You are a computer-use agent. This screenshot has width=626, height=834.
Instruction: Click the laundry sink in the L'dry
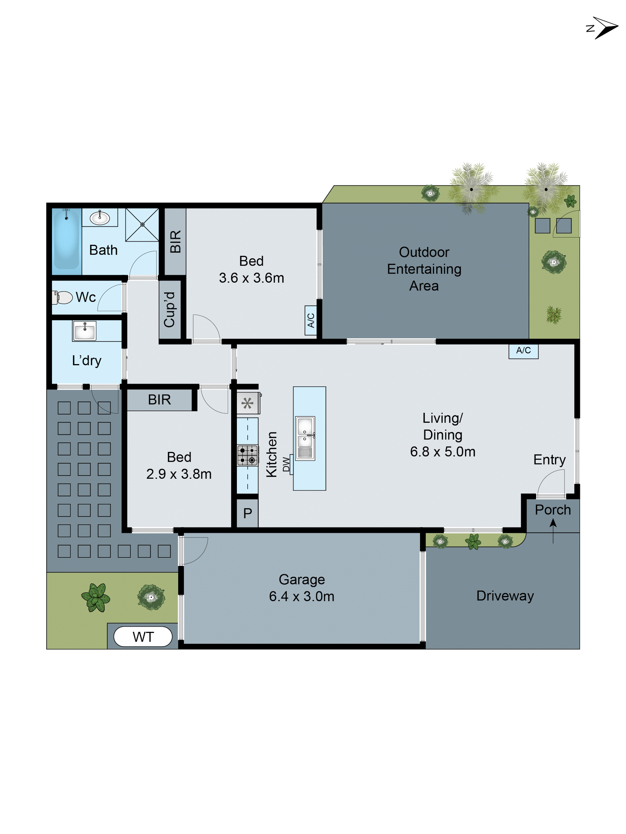point(85,331)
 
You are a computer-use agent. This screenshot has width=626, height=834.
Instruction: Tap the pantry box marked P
point(247,513)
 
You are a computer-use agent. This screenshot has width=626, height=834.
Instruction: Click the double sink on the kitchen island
point(305,438)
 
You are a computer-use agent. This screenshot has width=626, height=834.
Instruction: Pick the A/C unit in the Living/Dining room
point(523,351)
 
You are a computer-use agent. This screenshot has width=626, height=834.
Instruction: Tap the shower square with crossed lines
point(142,225)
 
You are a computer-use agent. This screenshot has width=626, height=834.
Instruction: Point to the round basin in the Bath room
point(100,218)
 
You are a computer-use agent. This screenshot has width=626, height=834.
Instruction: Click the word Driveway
point(505,596)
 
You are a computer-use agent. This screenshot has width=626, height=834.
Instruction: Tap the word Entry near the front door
point(549,460)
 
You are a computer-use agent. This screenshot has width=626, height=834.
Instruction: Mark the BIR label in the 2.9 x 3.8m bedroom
point(159,400)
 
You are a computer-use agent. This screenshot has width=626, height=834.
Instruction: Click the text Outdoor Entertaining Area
point(424,269)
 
